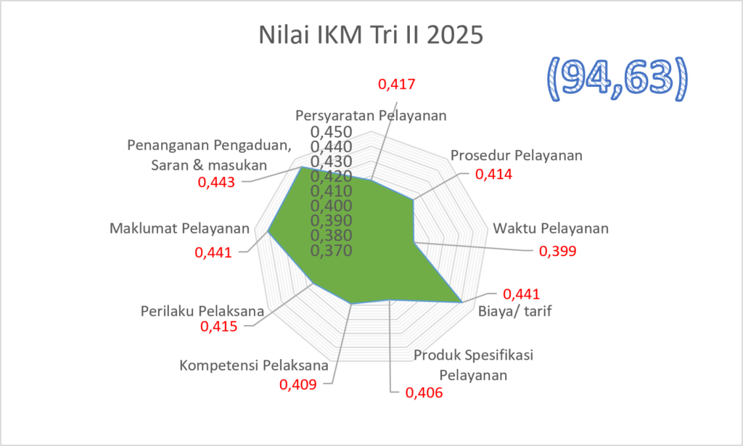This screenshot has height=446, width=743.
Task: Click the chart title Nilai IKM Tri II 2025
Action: (371, 35)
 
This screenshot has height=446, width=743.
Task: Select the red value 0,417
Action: (397, 84)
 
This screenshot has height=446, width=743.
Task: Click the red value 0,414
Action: (493, 174)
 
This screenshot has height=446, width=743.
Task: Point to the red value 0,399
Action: (558, 251)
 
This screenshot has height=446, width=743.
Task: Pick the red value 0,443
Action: (216, 182)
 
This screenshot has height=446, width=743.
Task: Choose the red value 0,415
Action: (219, 326)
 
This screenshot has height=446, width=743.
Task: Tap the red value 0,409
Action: (298, 384)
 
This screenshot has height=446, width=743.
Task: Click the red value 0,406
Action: (424, 392)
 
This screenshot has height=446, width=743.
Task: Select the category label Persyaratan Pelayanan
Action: (371, 115)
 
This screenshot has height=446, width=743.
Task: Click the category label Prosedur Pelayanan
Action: (517, 155)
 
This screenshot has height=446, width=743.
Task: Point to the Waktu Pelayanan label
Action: (551, 228)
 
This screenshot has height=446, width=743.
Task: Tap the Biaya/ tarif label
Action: (515, 311)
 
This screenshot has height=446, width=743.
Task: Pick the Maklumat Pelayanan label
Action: (180, 228)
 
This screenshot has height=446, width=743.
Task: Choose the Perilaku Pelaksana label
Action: (202, 311)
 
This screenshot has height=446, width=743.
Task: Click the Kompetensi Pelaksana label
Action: (254, 366)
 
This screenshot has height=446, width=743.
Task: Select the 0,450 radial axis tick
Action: (331, 132)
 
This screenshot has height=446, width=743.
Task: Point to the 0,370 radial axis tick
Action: (331, 250)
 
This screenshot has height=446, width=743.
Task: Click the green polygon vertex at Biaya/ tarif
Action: (461, 302)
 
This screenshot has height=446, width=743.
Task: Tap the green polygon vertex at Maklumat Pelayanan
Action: (268, 231)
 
